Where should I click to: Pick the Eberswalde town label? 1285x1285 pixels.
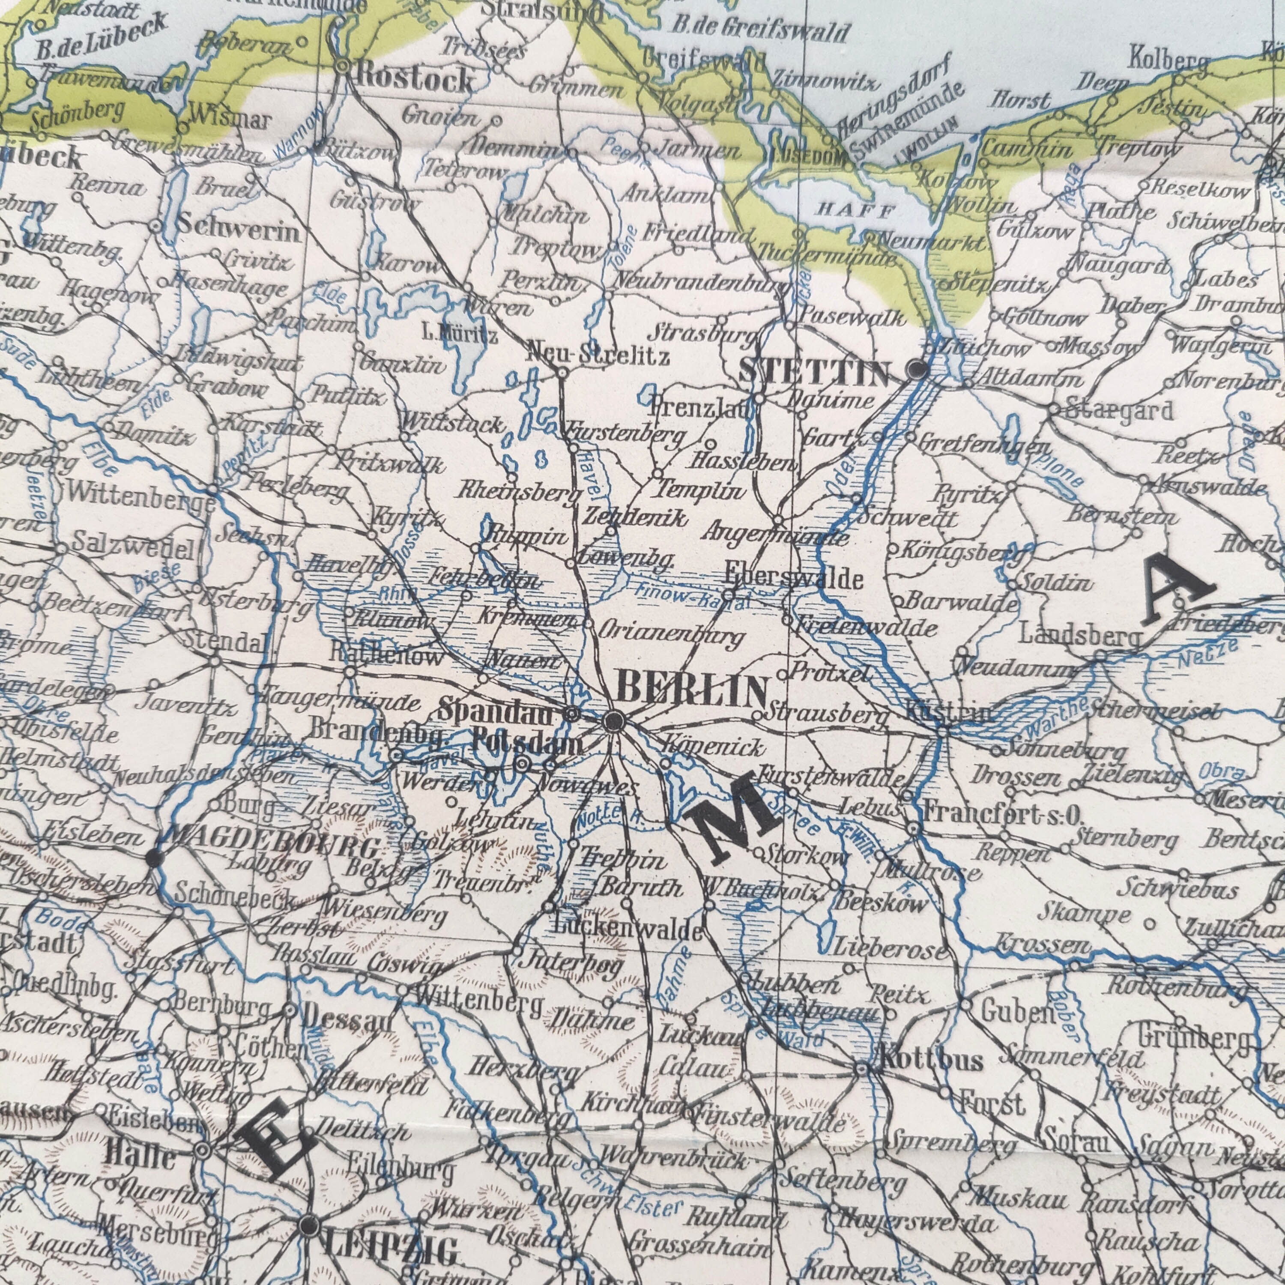[795, 579]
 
